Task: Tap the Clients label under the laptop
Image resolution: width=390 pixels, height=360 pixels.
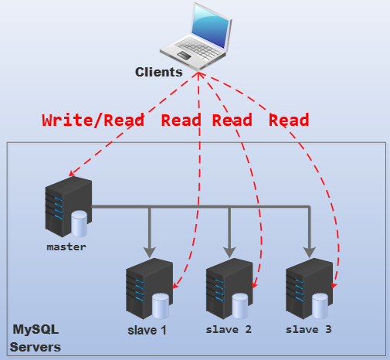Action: pyautogui.click(x=158, y=72)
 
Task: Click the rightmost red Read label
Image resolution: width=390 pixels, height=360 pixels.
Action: pyautogui.click(x=289, y=121)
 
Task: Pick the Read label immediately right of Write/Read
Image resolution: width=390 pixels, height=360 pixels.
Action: pyautogui.click(x=181, y=121)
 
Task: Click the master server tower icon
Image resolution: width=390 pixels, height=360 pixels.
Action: pyautogui.click(x=66, y=207)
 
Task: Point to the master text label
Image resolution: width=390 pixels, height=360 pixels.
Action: pyautogui.click(x=66, y=247)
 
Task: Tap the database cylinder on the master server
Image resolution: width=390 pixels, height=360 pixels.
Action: pyautogui.click(x=80, y=226)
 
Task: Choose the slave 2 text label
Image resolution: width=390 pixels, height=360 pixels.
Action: pyautogui.click(x=229, y=330)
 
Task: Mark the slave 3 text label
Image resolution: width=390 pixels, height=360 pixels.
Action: pyautogui.click(x=308, y=330)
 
